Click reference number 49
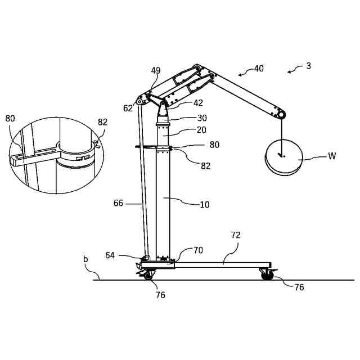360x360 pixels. (x=156, y=71)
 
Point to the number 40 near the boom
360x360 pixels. (x=259, y=69)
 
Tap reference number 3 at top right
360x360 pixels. (x=308, y=66)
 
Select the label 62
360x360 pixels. (x=128, y=108)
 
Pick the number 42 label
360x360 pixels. (x=198, y=103)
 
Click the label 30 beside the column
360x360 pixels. (x=202, y=118)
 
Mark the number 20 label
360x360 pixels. (x=201, y=129)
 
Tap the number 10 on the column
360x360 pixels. (x=204, y=205)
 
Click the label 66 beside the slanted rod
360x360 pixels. (x=118, y=202)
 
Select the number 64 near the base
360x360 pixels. (x=110, y=255)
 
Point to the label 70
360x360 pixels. (x=198, y=250)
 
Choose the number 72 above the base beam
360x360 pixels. (x=236, y=235)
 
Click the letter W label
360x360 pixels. (x=332, y=156)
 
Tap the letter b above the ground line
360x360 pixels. (x=85, y=259)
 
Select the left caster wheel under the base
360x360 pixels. (x=148, y=275)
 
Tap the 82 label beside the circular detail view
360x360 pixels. (x=102, y=123)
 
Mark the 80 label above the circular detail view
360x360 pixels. (x=11, y=119)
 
